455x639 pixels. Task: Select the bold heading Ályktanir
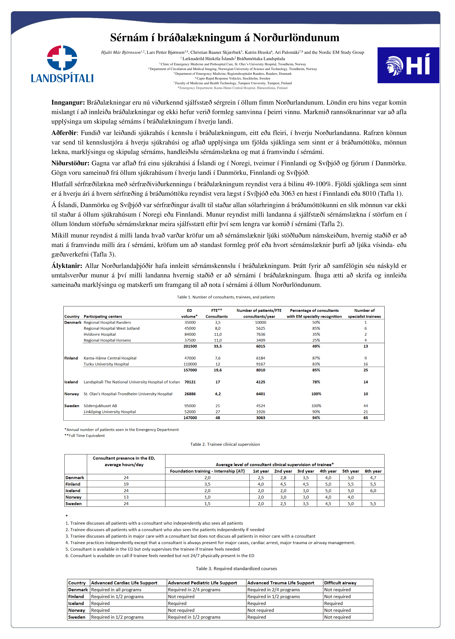[x=67, y=266]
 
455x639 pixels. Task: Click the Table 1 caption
[x=226, y=297]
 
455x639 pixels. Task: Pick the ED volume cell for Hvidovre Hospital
[x=190, y=334]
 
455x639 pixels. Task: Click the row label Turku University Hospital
[x=106, y=364]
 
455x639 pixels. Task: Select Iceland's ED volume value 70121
[x=190, y=382]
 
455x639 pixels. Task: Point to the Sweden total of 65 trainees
[x=366, y=418]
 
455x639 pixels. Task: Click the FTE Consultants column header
[x=217, y=313]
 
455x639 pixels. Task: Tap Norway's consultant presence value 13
[x=126, y=497]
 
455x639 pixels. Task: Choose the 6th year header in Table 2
[x=373, y=471]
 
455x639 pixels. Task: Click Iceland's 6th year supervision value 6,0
[x=373, y=491]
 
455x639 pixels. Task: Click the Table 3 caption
[x=236, y=568]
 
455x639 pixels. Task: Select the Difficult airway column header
[x=340, y=583]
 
